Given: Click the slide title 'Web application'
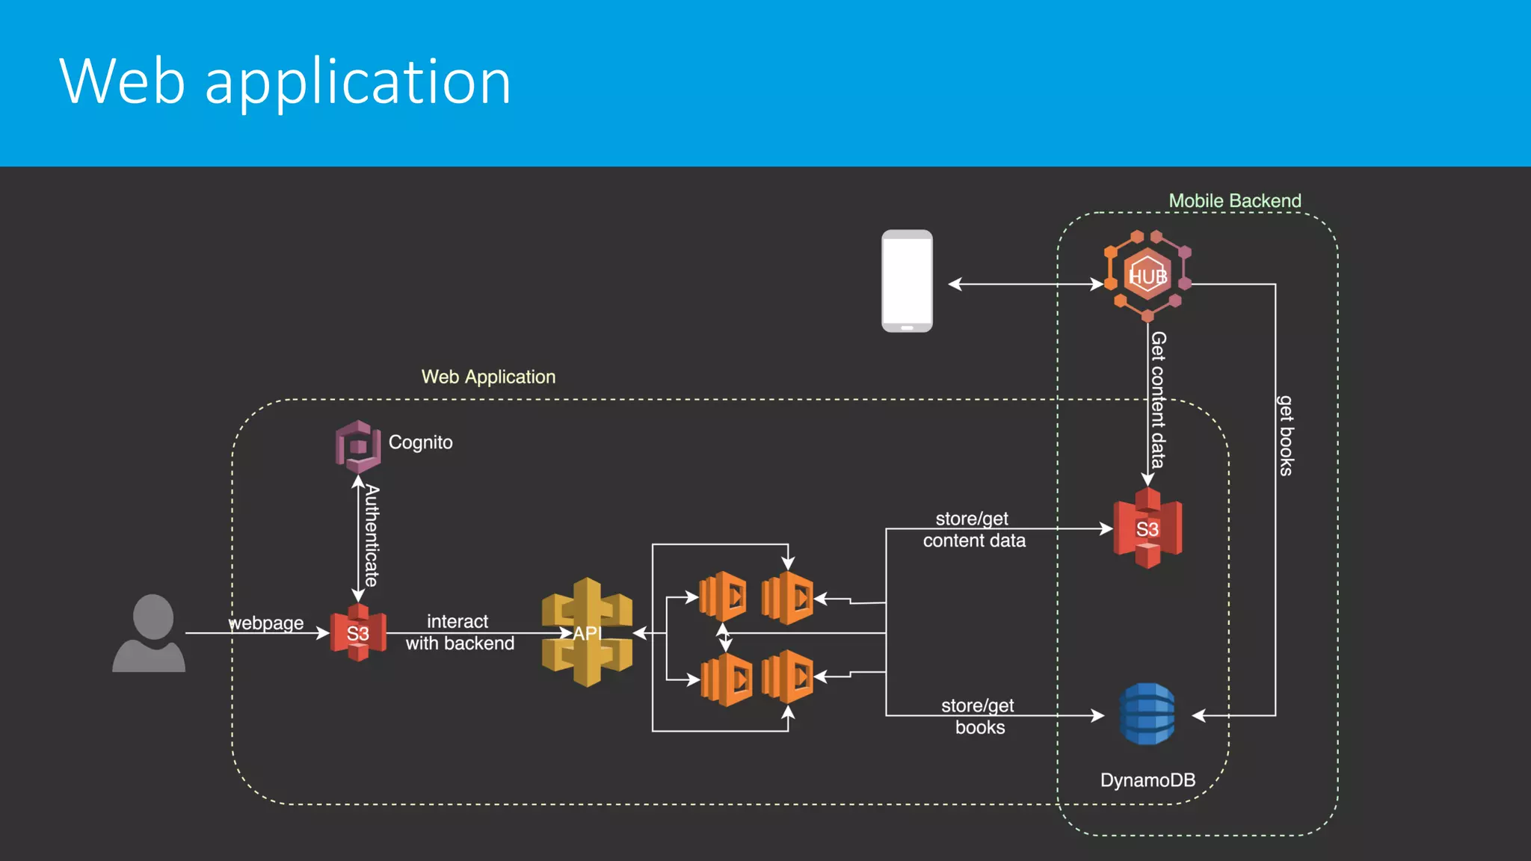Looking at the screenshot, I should (x=285, y=81).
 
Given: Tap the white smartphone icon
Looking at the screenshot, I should (x=907, y=281).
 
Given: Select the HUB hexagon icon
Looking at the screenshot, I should (x=1148, y=276).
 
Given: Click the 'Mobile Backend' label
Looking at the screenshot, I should (x=1234, y=200).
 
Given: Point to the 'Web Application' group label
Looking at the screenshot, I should (x=488, y=377).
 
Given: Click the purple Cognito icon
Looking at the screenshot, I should (x=357, y=446).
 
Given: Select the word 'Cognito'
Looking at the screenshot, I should (x=420, y=442).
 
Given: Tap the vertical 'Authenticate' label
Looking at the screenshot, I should (x=372, y=535).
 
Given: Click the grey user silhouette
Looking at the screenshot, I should (x=150, y=634).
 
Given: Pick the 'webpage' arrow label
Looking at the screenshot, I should (x=266, y=623).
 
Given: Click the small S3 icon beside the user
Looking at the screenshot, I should (x=358, y=633).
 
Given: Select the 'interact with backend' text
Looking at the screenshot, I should (x=459, y=632).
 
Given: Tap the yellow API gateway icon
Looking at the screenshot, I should (x=588, y=632).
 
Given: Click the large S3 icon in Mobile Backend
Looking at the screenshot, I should (x=1148, y=528).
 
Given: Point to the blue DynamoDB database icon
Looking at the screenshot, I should (x=1148, y=714).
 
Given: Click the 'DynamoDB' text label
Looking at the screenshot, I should (x=1148, y=780).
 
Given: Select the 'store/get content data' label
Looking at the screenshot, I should (x=973, y=529).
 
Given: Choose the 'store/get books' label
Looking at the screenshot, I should (x=979, y=716).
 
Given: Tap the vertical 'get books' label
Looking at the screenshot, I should (x=1285, y=436).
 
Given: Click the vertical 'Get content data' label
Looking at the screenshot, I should (x=1158, y=400).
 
